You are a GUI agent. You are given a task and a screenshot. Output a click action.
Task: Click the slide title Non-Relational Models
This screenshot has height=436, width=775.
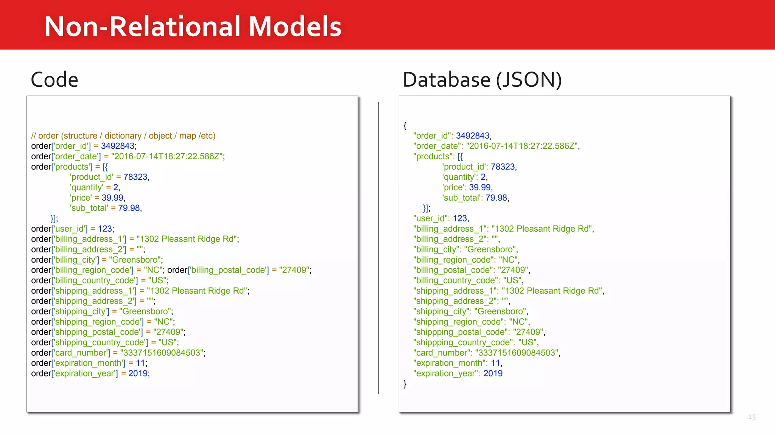(x=193, y=26)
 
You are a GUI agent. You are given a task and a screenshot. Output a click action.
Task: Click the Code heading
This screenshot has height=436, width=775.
(x=54, y=79)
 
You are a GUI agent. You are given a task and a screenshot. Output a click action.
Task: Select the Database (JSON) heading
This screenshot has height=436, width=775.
(x=482, y=79)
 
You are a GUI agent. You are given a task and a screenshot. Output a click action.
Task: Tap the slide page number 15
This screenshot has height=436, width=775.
(x=752, y=417)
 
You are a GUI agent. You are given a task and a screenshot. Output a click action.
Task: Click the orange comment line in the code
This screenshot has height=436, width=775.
(x=123, y=136)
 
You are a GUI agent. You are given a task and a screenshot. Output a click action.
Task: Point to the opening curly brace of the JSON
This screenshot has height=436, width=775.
(x=405, y=126)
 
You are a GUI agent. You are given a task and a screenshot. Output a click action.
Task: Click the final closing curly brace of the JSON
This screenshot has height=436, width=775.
(x=405, y=384)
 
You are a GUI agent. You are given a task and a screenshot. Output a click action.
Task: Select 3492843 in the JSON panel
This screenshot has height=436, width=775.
(x=473, y=136)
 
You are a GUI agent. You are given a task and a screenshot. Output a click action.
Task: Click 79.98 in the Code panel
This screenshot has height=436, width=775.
(x=129, y=208)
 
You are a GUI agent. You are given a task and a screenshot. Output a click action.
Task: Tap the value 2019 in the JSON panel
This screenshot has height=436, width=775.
(x=493, y=374)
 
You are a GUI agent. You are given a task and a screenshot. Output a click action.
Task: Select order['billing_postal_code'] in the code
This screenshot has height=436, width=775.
(x=218, y=270)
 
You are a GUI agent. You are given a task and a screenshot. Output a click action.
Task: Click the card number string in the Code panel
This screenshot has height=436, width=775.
(x=162, y=353)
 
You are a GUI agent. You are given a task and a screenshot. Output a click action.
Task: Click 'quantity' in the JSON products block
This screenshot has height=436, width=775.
(x=459, y=177)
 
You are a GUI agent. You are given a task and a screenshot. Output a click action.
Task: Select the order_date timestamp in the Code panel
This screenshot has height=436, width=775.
(x=167, y=157)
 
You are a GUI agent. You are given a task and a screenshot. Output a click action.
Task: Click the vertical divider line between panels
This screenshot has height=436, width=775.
(x=378, y=248)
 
